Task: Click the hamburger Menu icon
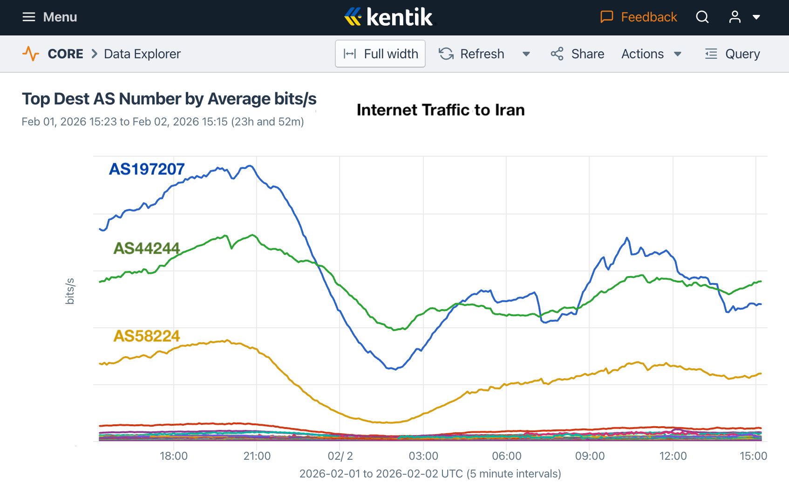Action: tap(29, 17)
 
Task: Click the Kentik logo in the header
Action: tap(388, 17)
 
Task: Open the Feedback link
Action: tap(639, 17)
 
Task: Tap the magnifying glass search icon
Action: tap(702, 17)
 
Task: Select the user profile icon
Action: tap(735, 17)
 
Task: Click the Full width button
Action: tap(380, 54)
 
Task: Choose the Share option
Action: tap(578, 54)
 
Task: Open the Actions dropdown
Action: tap(651, 54)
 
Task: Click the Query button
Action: tap(733, 54)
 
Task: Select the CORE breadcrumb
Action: tap(65, 54)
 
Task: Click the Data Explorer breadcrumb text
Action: tap(142, 54)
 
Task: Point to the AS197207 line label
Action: tap(147, 169)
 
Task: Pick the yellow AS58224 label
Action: tap(147, 336)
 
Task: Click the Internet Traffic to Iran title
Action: tap(441, 110)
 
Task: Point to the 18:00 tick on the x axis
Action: tap(174, 456)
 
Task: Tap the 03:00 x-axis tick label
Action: tap(423, 456)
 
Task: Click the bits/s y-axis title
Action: tap(70, 291)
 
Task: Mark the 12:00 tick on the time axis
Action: tap(673, 456)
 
